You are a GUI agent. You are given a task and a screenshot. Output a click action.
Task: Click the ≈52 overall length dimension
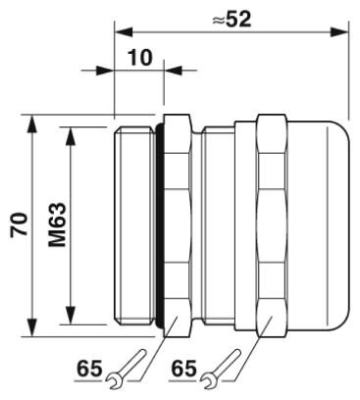click(x=231, y=20)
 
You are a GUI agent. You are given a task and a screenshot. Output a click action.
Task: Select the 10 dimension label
click(x=140, y=57)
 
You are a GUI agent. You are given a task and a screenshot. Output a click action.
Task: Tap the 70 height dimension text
click(x=20, y=225)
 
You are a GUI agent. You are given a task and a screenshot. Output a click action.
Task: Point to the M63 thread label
click(x=58, y=225)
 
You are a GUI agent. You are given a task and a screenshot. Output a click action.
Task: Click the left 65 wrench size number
click(x=89, y=369)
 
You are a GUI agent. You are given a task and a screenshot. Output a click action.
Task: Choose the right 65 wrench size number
click(x=184, y=369)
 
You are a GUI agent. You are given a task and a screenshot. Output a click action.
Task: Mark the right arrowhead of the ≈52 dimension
click(x=339, y=32)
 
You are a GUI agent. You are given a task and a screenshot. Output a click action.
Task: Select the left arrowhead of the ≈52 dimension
click(x=124, y=32)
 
